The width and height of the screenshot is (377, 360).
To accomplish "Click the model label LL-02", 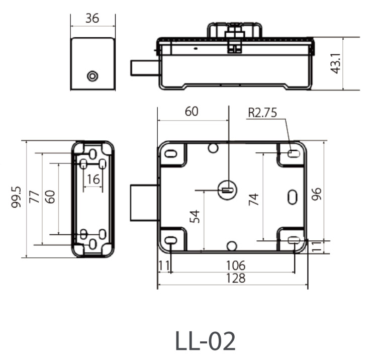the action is click(205, 341).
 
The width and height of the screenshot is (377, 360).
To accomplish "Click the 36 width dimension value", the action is click(92, 18).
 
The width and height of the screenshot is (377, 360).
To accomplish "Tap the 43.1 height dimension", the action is click(336, 63).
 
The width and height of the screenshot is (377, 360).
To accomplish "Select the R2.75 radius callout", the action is click(262, 113).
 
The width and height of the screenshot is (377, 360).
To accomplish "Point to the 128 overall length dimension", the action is click(236, 278).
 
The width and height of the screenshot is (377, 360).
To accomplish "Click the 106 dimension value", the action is click(236, 265).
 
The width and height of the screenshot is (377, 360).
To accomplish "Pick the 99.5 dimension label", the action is click(17, 197).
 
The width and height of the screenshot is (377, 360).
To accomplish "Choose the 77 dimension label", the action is click(34, 197).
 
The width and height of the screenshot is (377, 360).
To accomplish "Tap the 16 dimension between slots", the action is click(93, 179).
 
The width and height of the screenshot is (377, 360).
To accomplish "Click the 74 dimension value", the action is click(254, 199).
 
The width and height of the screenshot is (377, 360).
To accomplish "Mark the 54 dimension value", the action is click(195, 216).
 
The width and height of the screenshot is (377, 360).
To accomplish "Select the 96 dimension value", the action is click(316, 194).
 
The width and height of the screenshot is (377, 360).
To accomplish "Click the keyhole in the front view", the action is click(227, 190).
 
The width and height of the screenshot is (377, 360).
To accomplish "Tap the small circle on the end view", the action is click(92, 76).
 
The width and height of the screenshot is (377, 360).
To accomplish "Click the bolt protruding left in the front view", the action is click(144, 203).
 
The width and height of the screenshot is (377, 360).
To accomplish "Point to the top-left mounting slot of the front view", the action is click(171, 153).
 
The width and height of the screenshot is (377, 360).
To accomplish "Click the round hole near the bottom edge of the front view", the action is click(232, 246).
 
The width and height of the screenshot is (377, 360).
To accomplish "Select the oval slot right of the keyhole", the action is click(293, 197).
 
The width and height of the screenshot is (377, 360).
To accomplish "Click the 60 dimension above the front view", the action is click(192, 112).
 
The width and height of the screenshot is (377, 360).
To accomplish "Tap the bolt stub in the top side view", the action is click(144, 68).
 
